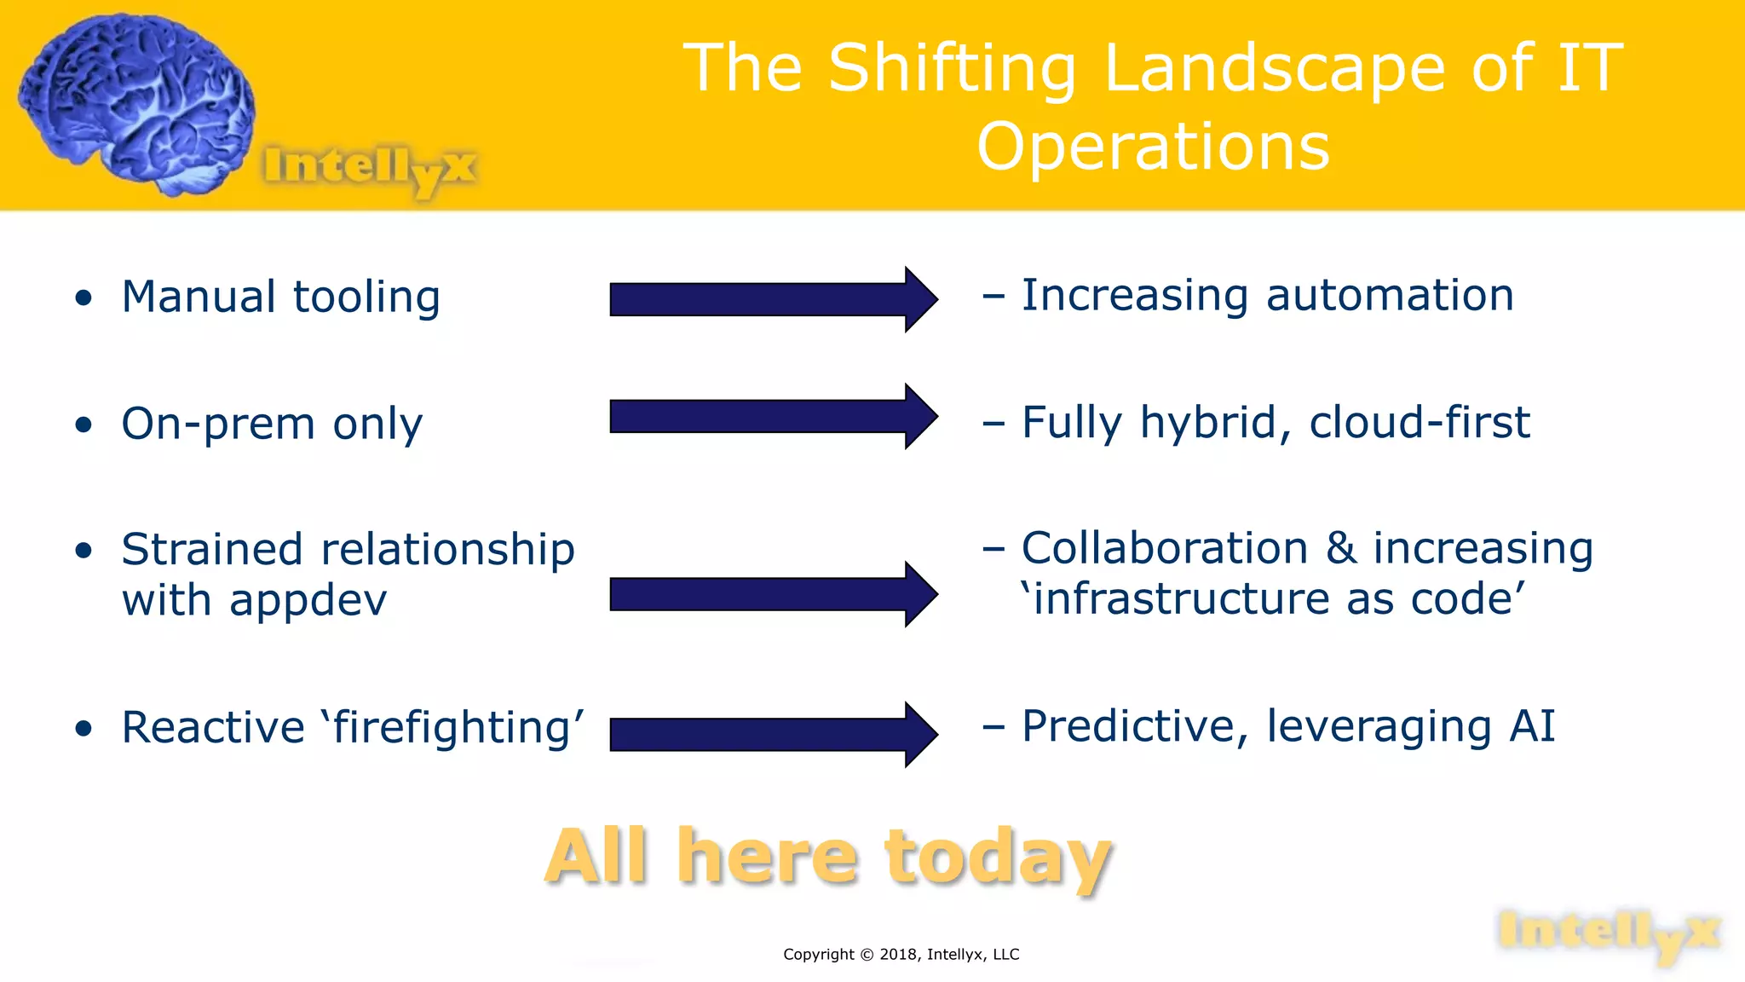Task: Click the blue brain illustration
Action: point(136,102)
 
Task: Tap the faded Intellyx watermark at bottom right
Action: point(1609,933)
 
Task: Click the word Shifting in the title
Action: point(953,70)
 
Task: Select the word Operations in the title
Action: point(1153,147)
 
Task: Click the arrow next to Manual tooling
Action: point(773,299)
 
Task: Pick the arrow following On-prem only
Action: point(773,416)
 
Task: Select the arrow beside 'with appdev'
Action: point(773,594)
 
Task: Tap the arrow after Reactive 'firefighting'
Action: point(773,734)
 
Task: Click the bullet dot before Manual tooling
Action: point(83,298)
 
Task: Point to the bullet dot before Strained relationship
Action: point(83,551)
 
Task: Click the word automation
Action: point(1390,296)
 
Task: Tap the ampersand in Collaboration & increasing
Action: point(1340,548)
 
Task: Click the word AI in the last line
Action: point(1532,726)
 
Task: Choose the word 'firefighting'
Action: point(452,728)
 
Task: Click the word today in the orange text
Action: point(998,858)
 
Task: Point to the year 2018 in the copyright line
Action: point(899,955)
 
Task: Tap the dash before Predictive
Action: point(993,727)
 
